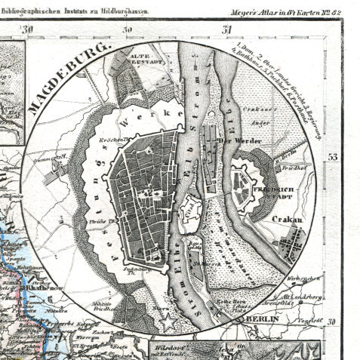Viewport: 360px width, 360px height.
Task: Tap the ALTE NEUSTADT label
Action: (x=144, y=59)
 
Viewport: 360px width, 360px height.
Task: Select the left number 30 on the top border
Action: (x=30, y=29)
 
